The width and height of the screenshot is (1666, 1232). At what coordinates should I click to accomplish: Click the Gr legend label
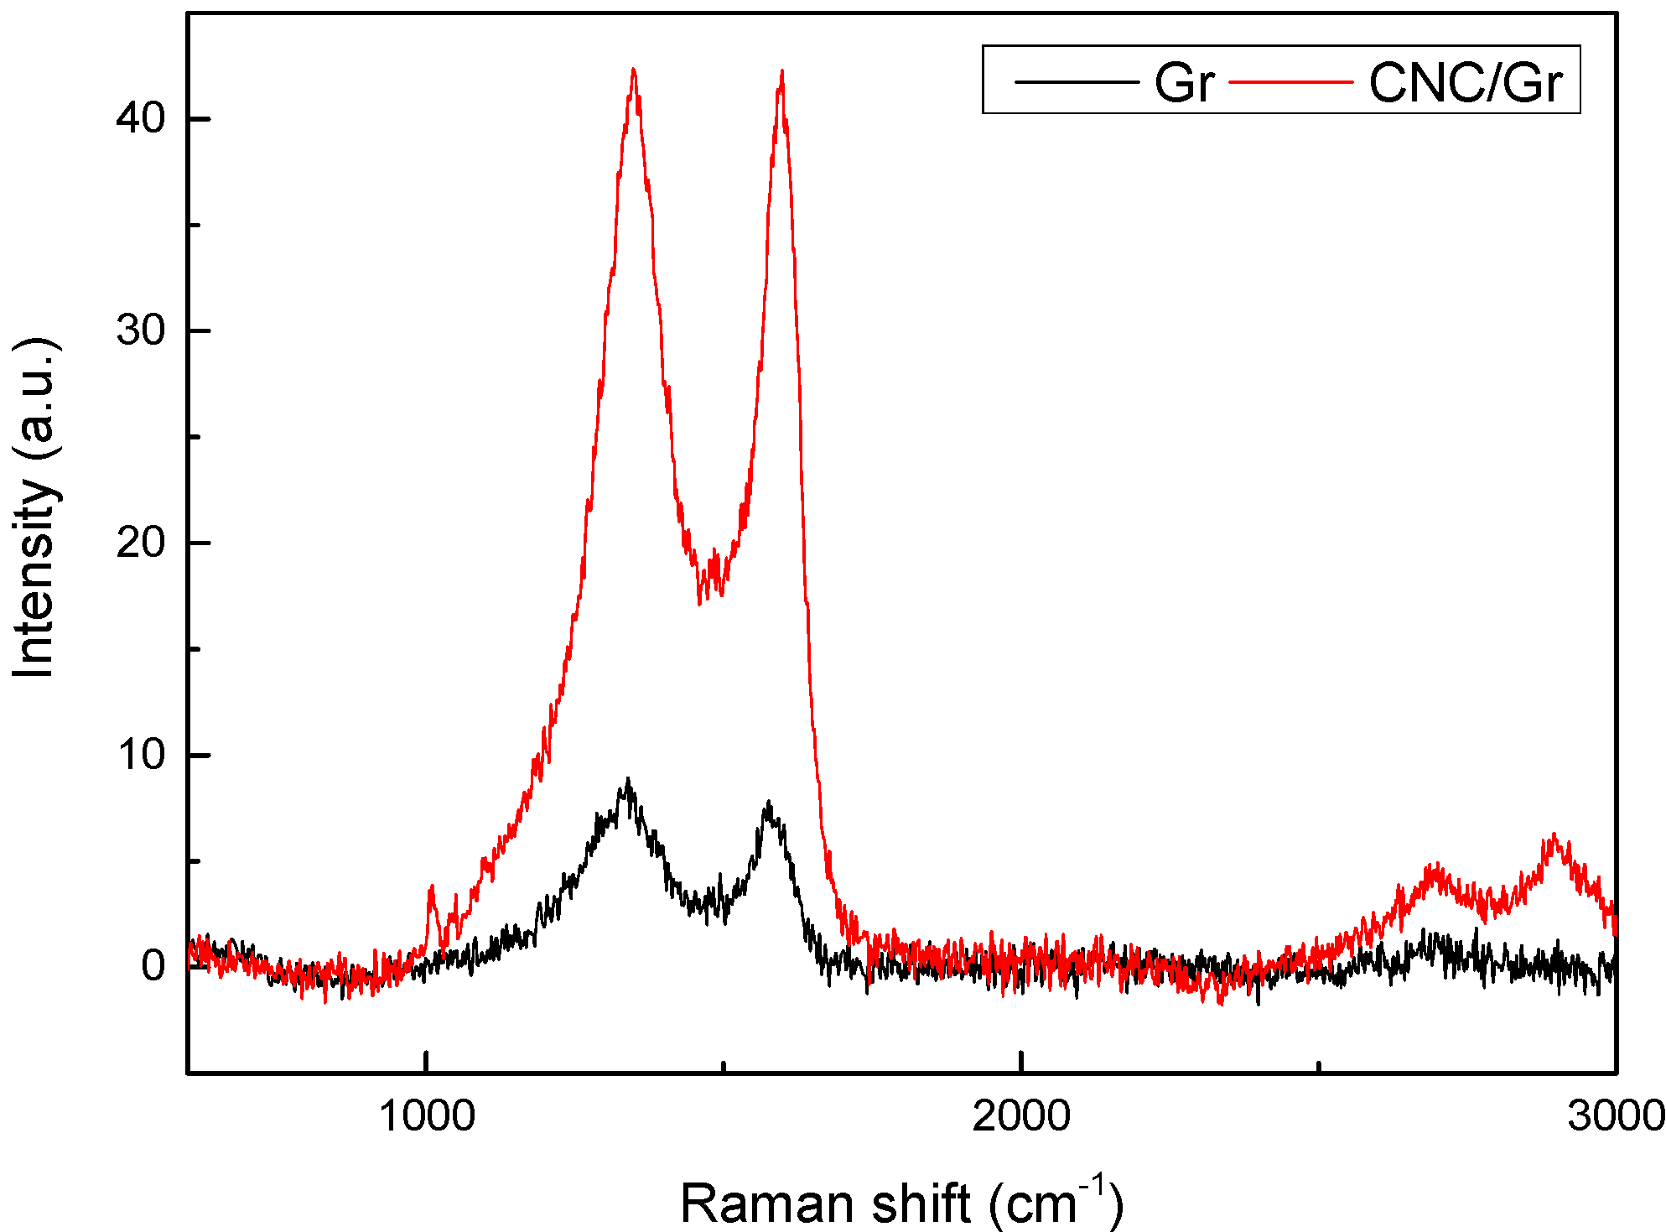1183,83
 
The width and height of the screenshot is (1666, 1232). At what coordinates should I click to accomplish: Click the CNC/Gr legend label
1465,83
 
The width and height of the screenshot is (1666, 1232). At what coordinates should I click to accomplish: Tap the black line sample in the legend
1077,82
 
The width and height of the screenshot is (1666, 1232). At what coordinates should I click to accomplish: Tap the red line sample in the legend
1291,82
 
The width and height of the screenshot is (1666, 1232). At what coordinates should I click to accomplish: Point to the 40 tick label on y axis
140,118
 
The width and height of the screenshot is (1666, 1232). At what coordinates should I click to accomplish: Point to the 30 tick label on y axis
140,330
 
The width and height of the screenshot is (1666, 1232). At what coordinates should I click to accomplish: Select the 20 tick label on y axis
140,543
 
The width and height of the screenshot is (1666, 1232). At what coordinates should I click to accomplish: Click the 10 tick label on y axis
140,755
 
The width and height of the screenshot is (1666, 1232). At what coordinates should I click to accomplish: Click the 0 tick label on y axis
153,966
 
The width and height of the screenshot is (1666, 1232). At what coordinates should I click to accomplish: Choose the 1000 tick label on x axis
427,1116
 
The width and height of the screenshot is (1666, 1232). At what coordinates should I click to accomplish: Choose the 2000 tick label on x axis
1021,1116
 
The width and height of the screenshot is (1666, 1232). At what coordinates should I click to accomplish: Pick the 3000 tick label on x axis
1615,1116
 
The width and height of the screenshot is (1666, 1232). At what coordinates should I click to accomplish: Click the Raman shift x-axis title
900,1203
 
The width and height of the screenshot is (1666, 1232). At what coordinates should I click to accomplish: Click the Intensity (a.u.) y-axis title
34,507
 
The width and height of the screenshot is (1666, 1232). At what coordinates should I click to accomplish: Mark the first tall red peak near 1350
633,70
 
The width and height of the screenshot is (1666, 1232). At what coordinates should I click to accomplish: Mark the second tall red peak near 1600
781,72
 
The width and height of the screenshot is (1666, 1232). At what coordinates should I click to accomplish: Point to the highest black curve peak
627,780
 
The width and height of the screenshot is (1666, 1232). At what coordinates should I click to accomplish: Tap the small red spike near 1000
432,886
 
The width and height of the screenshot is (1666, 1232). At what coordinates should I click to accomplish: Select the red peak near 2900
1554,836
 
